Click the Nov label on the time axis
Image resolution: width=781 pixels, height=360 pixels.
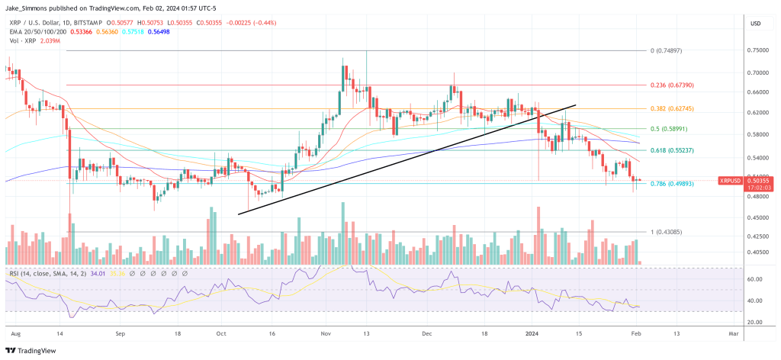(325, 333)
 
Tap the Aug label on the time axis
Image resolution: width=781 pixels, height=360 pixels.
(16, 333)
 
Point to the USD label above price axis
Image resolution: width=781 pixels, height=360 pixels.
(756, 24)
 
